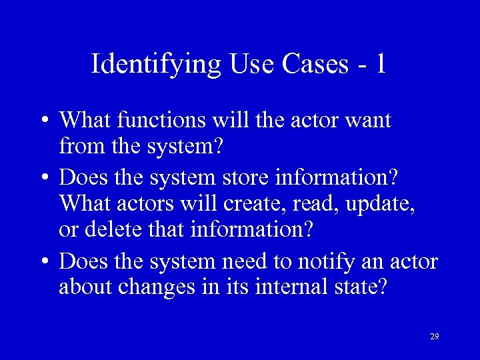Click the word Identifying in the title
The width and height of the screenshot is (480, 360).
coord(155,64)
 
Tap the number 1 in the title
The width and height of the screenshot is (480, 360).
coord(380,64)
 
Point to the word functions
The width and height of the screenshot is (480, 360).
coord(163,121)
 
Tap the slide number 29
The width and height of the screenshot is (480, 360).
coord(434,337)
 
